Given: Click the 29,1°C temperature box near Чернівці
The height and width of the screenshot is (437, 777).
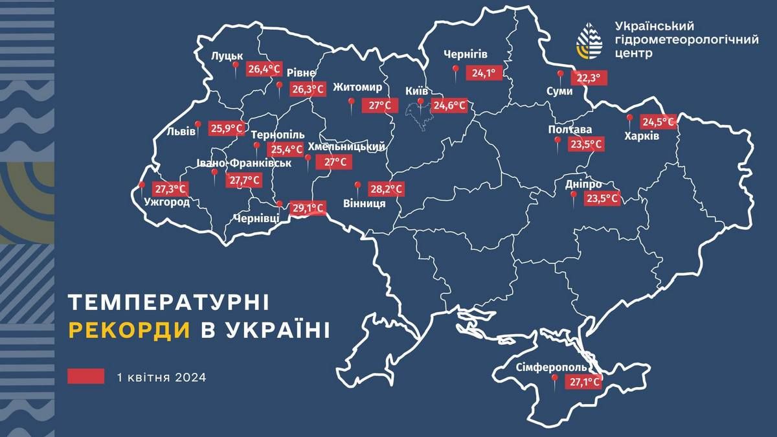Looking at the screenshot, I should click(x=307, y=208).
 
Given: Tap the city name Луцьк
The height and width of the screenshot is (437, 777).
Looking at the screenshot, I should click(x=226, y=56).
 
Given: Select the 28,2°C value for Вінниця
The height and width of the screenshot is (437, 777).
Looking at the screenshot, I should click(x=387, y=189).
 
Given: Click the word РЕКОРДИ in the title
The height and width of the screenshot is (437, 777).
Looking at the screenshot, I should click(x=129, y=330).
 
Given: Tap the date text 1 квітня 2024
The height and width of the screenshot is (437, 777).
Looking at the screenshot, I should click(x=162, y=377).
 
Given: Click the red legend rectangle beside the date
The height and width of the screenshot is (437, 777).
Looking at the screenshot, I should click(x=85, y=377).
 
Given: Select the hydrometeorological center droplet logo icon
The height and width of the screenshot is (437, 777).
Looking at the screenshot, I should click(x=589, y=40).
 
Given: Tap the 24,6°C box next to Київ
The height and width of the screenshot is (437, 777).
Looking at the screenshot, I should click(x=450, y=105).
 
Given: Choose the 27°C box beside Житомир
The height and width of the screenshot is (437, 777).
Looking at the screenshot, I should click(x=379, y=105).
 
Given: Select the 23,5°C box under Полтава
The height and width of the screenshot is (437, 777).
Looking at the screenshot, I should click(x=587, y=144).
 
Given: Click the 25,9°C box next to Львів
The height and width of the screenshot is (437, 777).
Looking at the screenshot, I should click(x=226, y=128).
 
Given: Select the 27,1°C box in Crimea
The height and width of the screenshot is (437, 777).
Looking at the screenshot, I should click(x=583, y=383).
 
